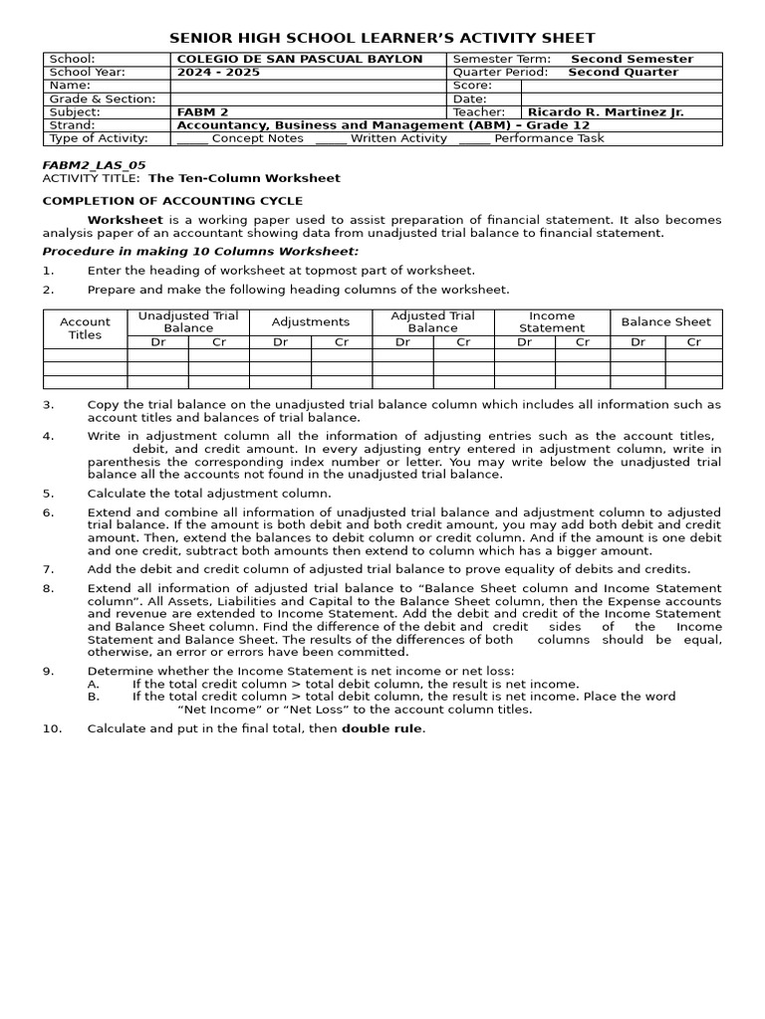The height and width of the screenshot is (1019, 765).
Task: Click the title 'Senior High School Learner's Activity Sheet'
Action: [382, 38]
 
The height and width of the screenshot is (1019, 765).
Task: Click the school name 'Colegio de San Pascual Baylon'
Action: [299, 59]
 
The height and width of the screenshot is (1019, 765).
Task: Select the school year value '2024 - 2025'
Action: [211, 73]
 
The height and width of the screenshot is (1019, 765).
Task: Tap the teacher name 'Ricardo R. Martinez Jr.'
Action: [606, 112]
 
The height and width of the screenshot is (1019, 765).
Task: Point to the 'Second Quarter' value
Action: [623, 73]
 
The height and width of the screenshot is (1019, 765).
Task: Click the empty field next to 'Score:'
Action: [622, 86]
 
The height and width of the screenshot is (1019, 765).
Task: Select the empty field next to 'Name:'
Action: [309, 86]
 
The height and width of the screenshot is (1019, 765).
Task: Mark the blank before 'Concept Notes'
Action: [191, 139]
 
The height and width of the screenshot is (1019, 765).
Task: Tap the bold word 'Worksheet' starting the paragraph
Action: [125, 219]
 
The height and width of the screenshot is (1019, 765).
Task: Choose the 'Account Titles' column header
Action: [85, 328]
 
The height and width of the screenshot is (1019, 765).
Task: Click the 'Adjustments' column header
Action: [311, 321]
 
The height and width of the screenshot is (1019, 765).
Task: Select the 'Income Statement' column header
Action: [552, 321]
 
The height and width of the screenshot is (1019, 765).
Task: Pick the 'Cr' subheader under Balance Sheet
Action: [693, 341]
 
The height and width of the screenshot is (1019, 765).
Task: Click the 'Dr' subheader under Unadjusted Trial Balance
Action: [157, 341]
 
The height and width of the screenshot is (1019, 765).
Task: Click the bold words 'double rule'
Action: [382, 728]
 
